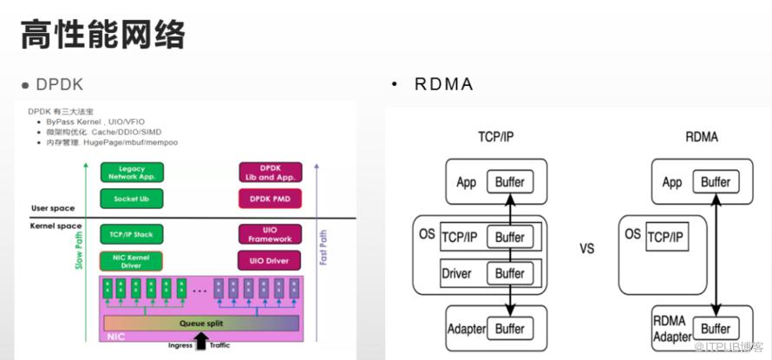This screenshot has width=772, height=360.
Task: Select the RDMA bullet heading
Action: (443, 84)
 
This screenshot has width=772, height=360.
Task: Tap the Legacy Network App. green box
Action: (132, 172)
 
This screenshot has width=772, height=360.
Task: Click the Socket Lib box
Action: (132, 199)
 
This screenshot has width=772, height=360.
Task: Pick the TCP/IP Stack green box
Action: (132, 234)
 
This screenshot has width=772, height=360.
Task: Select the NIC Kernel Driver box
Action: (132, 259)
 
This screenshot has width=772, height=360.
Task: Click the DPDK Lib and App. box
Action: (269, 172)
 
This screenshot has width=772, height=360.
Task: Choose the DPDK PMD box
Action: (269, 199)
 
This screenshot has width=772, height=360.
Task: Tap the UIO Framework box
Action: (269, 234)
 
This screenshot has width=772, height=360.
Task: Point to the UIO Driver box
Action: (269, 259)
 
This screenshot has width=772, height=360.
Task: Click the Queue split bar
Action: (202, 324)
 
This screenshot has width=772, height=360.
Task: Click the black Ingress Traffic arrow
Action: (202, 341)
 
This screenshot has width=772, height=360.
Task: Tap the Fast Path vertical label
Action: (324, 248)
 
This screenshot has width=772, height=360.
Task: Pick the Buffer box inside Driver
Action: (510, 272)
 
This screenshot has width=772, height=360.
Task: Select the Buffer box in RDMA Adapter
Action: (716, 329)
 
